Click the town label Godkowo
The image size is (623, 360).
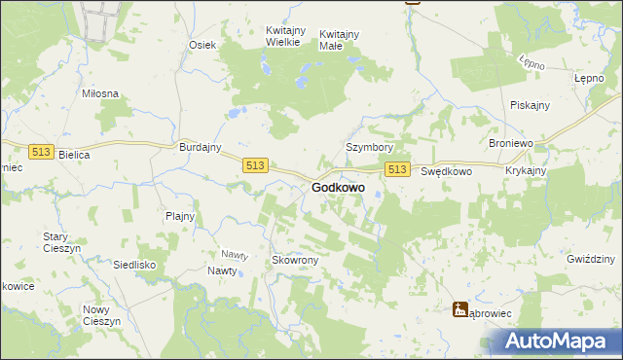tap(338, 187)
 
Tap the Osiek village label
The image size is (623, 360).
tap(202, 45)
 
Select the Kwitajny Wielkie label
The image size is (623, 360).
tap(288, 36)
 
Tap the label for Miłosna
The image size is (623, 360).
tap(100, 93)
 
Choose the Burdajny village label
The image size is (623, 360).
tap(202, 147)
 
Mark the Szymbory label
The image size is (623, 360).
tap(369, 147)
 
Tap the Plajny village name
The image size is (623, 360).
tap(180, 216)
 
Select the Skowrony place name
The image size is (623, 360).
tap(295, 261)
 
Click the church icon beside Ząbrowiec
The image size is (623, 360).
tap(460, 309)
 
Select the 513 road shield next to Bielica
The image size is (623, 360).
tap(40, 152)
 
